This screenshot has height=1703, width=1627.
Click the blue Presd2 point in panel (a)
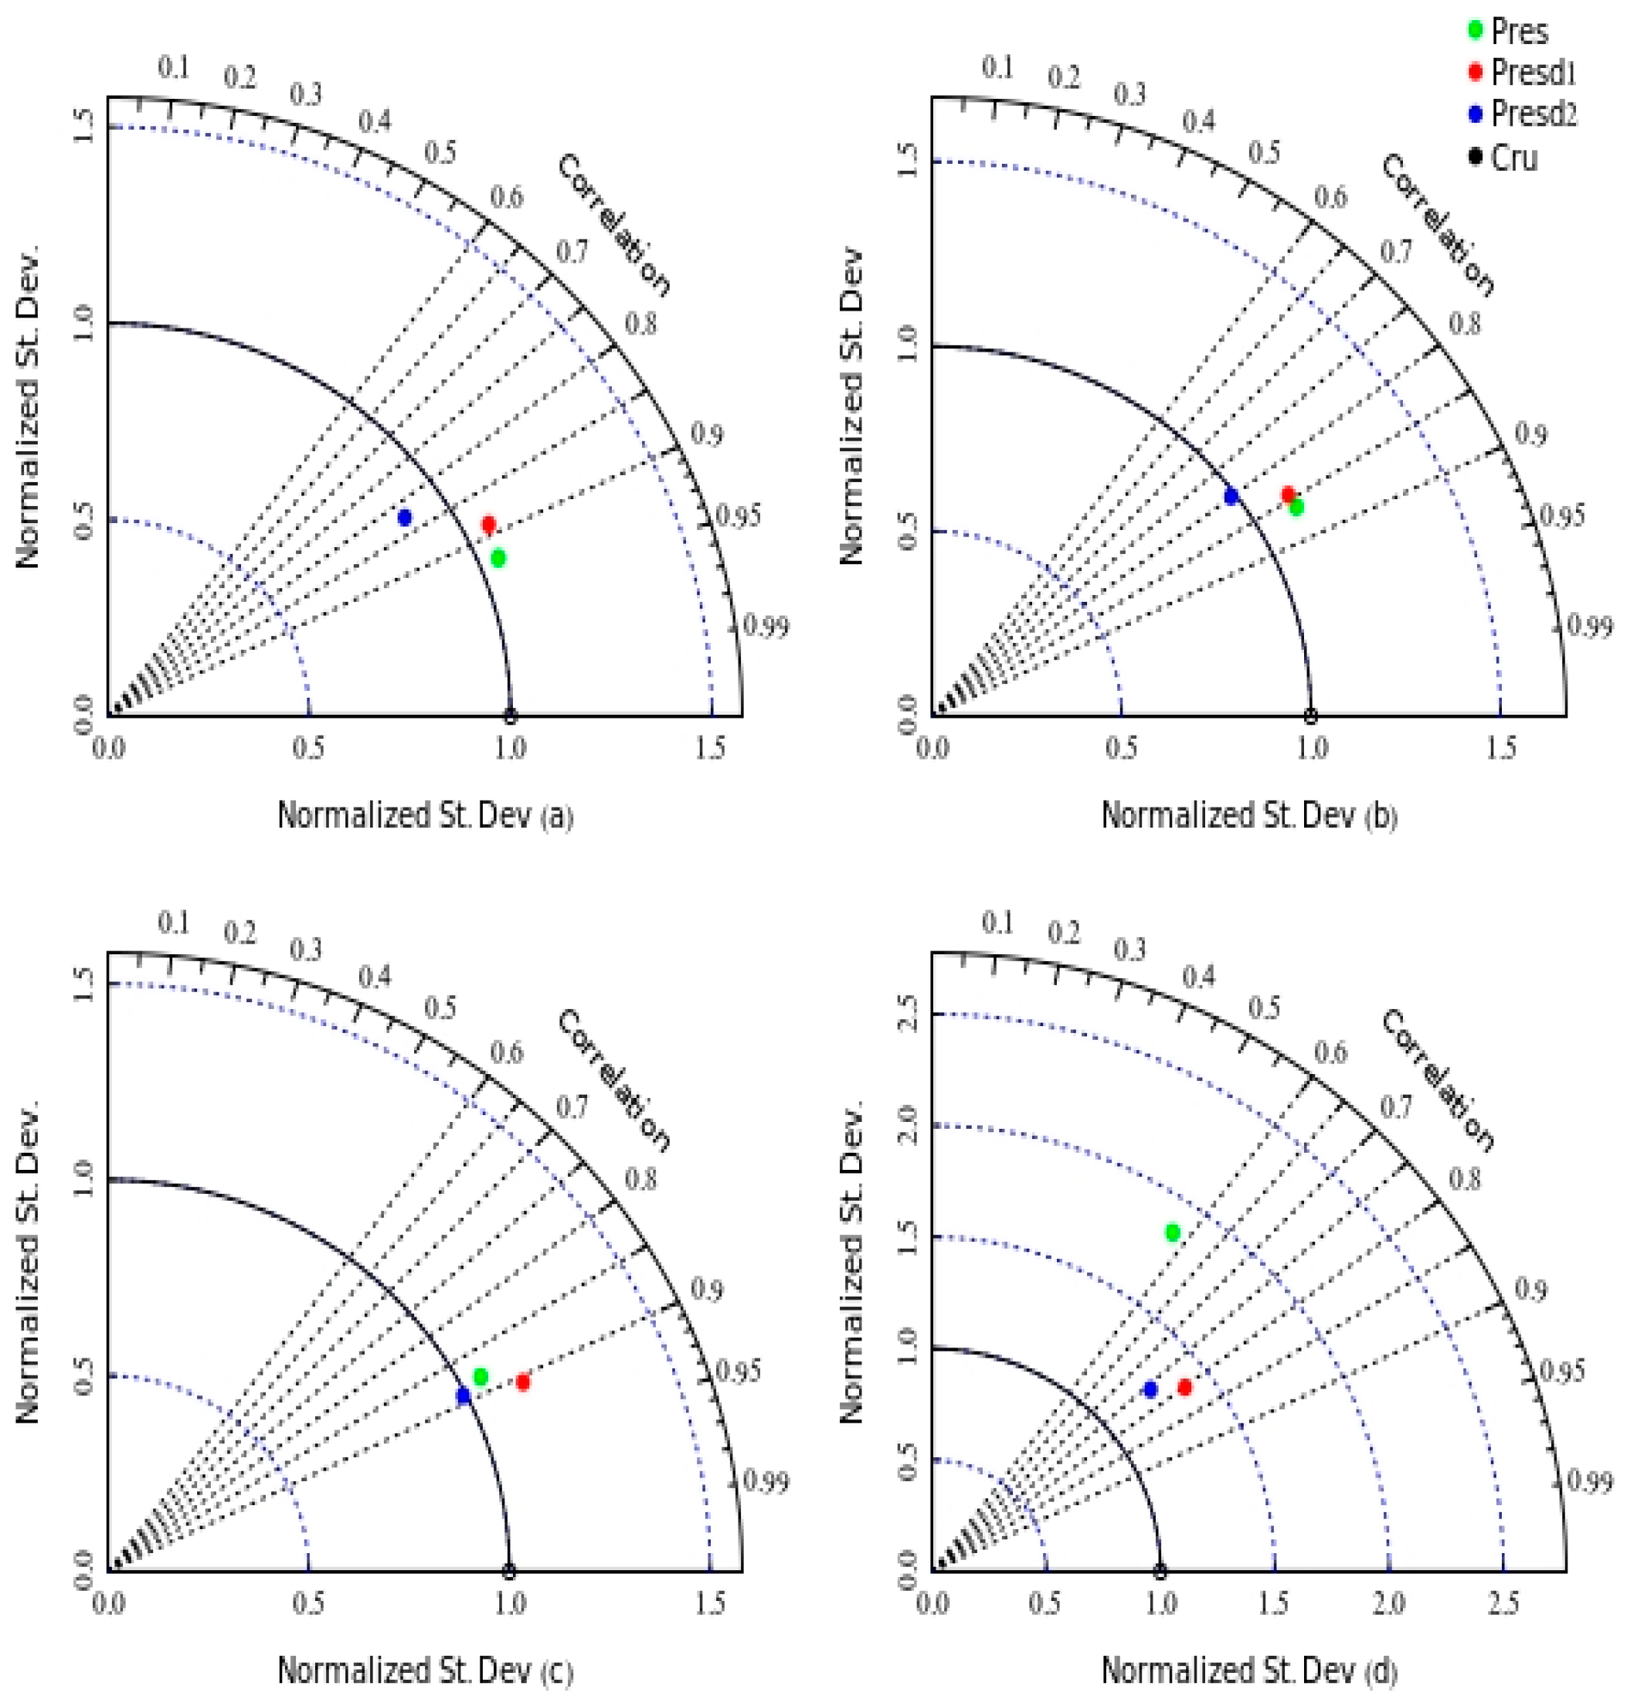404,517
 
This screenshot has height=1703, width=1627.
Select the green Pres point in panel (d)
1173,1232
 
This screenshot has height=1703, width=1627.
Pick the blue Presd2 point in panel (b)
1231,496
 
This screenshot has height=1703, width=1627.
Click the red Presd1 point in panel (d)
1184,1387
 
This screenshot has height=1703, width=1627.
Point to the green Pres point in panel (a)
498,558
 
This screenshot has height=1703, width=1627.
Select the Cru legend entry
1513,158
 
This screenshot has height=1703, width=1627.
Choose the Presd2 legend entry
1533,114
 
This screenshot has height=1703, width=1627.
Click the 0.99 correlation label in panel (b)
1591,626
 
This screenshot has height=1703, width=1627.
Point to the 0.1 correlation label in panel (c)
174,924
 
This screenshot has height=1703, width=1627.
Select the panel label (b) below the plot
1381,817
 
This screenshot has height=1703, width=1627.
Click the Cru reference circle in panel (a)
511,716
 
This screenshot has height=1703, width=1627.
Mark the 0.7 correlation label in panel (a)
572,252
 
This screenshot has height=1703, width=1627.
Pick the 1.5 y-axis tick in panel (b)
907,161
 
